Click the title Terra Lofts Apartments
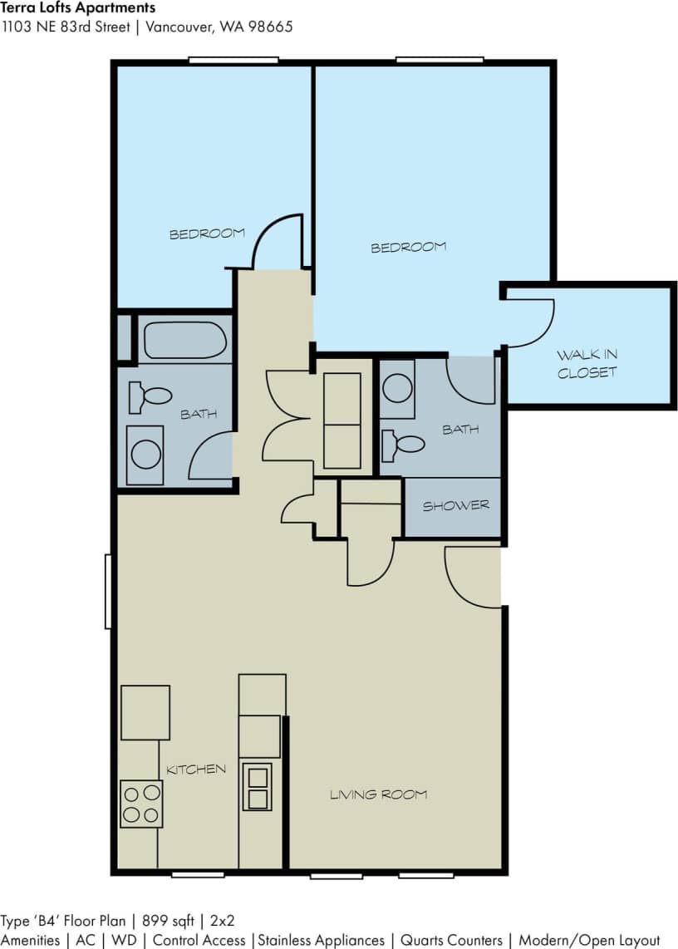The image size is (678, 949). click(x=78, y=8)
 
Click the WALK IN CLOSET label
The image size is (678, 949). click(x=587, y=364)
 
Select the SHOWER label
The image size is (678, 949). click(x=455, y=505)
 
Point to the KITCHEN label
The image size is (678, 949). click(x=196, y=770)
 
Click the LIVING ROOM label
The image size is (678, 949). click(x=379, y=794)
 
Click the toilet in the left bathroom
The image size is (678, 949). click(x=151, y=397)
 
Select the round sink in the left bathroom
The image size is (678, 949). click(x=146, y=455)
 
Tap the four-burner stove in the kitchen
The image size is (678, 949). click(x=140, y=804)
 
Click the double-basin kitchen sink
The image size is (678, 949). click(x=257, y=787)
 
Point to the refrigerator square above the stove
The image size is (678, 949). click(x=145, y=712)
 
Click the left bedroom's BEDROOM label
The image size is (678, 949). click(x=207, y=234)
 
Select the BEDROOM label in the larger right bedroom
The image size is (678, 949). click(x=408, y=247)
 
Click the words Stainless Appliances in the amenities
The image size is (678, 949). click(x=321, y=940)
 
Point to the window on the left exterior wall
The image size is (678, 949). click(x=108, y=591)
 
